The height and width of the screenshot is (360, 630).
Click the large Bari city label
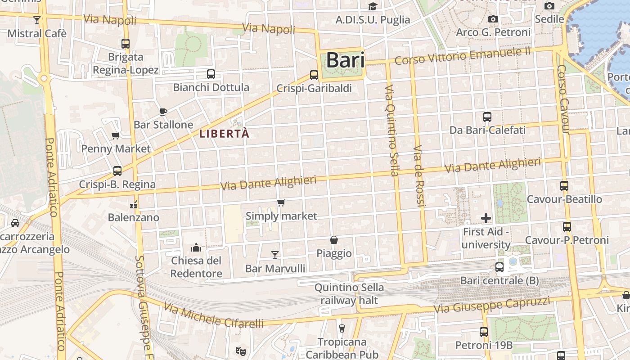click(x=345, y=60)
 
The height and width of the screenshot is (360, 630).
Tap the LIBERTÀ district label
click(x=224, y=134)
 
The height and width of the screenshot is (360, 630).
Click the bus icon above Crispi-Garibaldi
click(x=314, y=75)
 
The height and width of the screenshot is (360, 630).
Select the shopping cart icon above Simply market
click(x=281, y=203)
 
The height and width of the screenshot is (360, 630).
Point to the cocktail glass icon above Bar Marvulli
click(x=275, y=255)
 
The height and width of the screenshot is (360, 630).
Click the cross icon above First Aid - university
click(x=486, y=219)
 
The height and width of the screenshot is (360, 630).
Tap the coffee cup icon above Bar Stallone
click(x=163, y=112)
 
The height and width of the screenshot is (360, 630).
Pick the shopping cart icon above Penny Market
click(x=116, y=135)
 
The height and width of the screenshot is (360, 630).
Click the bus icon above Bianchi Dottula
click(x=211, y=74)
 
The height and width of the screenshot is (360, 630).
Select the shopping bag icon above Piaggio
click(x=334, y=240)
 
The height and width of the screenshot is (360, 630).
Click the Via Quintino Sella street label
click(x=392, y=130)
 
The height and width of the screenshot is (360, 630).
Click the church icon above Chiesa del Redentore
click(x=196, y=247)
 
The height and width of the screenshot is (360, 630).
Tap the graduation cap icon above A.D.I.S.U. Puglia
click(x=373, y=6)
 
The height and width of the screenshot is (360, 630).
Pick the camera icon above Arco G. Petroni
click(x=493, y=19)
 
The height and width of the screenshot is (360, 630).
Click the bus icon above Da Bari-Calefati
click(x=487, y=117)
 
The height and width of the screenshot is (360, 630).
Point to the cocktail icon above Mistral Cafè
click(x=37, y=20)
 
